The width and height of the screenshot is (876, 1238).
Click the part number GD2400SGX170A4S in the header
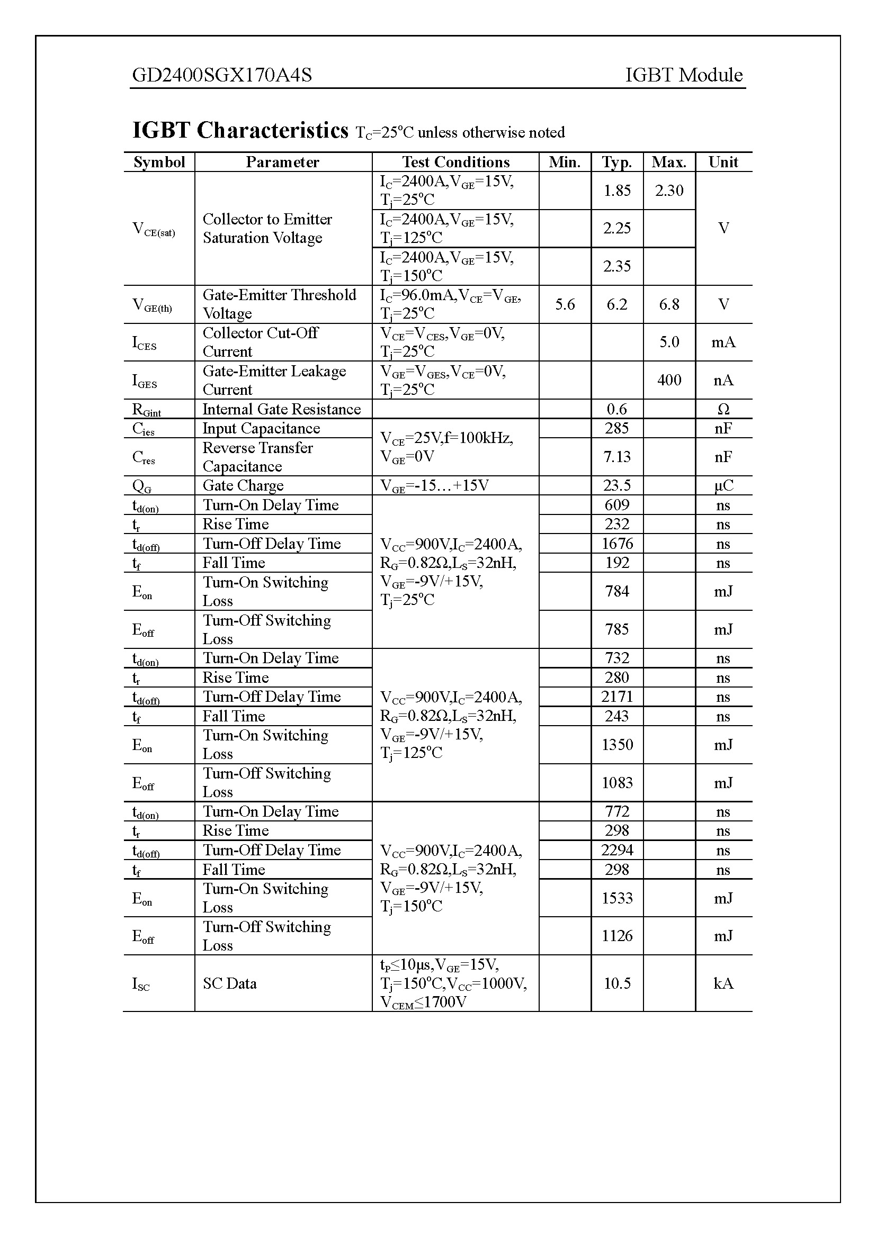pos(222,75)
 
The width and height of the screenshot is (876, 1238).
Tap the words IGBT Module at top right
pos(683,75)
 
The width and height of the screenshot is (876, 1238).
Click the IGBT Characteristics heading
pos(240,131)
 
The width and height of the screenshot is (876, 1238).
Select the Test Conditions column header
pos(455,162)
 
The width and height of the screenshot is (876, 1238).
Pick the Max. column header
pos(669,162)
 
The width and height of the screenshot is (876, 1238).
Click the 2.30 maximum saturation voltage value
pos(669,191)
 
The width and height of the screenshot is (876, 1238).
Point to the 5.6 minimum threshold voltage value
pos(565,304)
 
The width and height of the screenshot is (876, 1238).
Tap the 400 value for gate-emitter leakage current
pos(669,380)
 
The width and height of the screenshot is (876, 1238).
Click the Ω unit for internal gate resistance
pos(723,409)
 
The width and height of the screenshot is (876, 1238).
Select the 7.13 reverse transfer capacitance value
pos(616,457)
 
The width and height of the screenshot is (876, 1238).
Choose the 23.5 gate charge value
pos(616,485)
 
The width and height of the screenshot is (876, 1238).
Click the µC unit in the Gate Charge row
pos(723,485)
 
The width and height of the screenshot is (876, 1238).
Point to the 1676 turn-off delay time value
pos(616,544)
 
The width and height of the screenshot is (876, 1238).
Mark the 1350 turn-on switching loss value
pos(616,745)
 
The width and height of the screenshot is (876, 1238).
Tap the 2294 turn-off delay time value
pos(616,851)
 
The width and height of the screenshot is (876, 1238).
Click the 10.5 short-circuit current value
pos(616,983)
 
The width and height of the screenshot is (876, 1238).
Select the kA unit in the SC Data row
pos(723,983)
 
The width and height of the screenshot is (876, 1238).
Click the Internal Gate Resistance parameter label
pos(282,409)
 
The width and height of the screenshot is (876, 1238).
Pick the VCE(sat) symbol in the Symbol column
pos(154,229)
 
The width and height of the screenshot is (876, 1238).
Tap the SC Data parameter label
pos(230,983)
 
